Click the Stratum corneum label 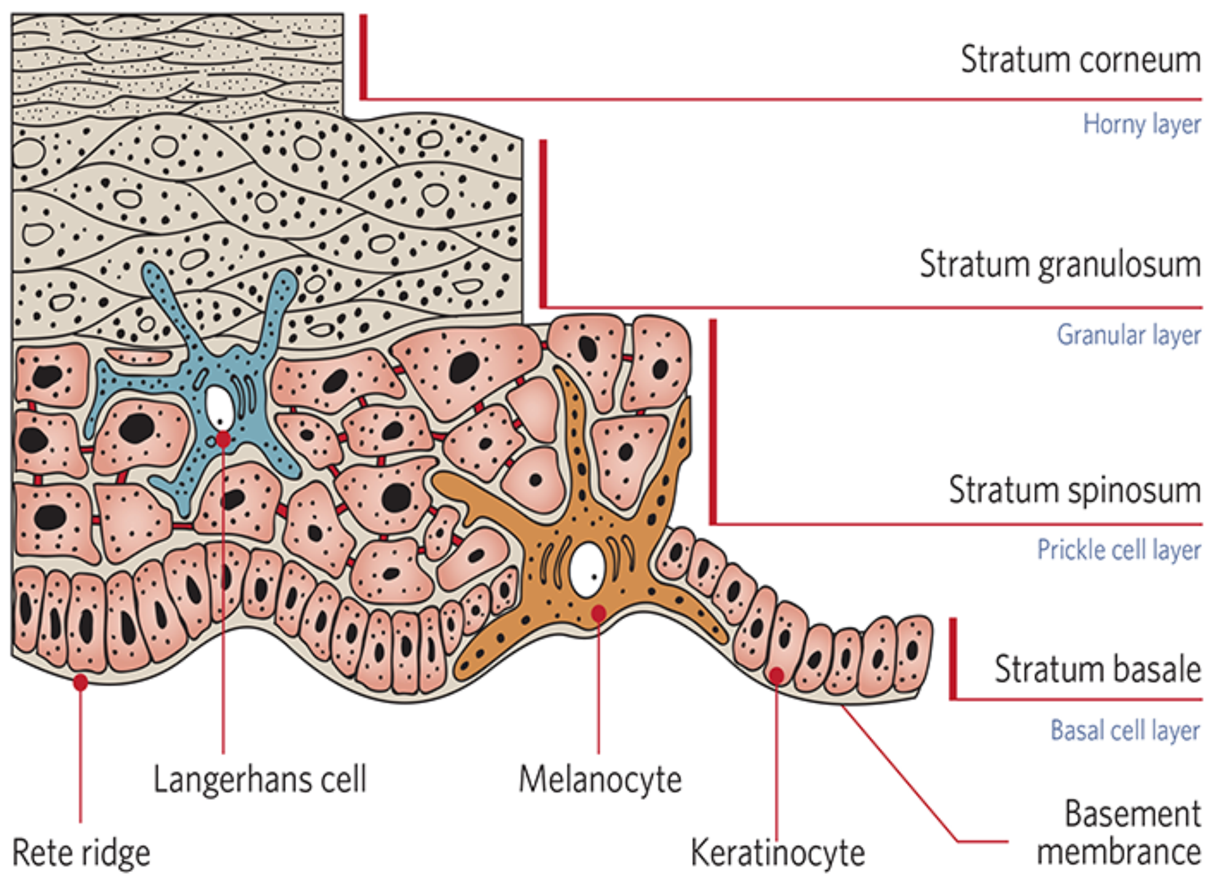point(1080,60)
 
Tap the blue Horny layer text point(1141,124)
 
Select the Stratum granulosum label point(1059,264)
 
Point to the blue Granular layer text point(1128,335)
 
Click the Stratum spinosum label point(1074,490)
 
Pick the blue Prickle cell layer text point(1118,550)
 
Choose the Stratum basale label point(1097,669)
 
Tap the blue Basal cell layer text point(1125,731)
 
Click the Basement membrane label point(1118,833)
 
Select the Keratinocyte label point(777,853)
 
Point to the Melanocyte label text point(600,780)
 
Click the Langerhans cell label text point(259,779)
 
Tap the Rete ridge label point(81,853)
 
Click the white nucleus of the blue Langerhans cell point(219,407)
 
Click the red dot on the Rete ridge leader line point(80,682)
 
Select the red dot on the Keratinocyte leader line point(777,675)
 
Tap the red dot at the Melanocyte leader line point(599,613)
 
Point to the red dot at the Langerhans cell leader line point(223,439)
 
